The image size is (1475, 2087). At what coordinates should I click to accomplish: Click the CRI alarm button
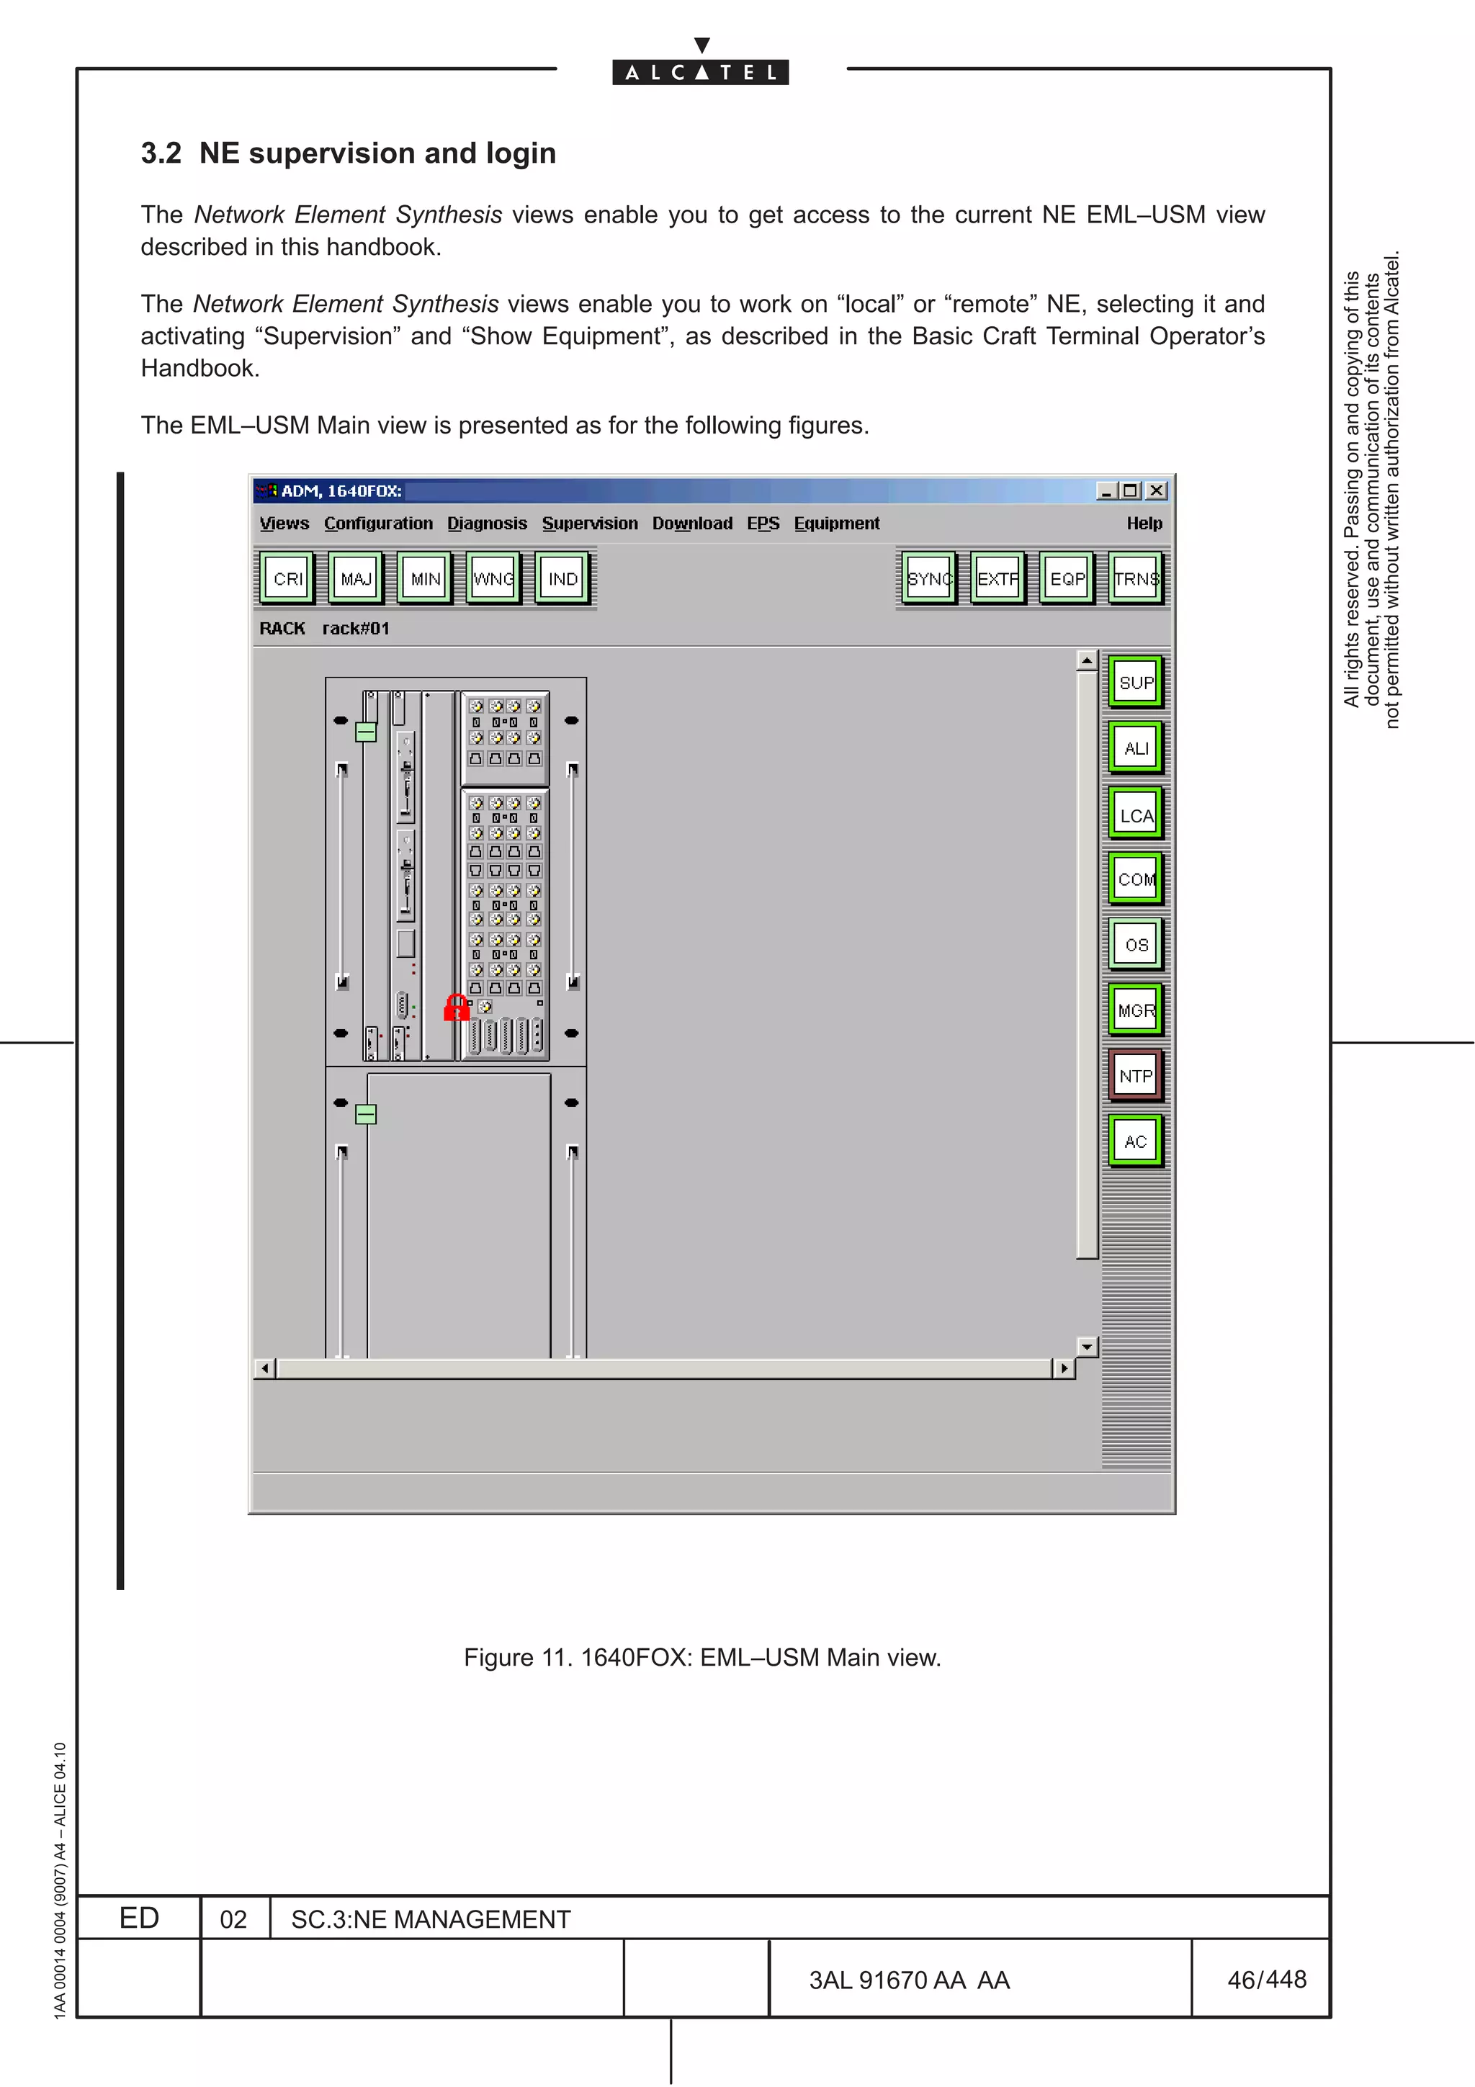click(287, 578)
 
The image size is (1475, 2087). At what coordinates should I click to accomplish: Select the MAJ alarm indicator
click(357, 578)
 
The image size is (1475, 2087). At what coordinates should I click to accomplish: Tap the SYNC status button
click(929, 578)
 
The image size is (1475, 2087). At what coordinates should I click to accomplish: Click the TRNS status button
click(1136, 578)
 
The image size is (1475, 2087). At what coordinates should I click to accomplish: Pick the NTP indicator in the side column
click(1135, 1075)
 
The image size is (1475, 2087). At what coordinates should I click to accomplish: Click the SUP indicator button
click(1135, 682)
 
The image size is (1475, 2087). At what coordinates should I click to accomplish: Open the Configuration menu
click(378, 523)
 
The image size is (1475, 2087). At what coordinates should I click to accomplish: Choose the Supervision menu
click(590, 523)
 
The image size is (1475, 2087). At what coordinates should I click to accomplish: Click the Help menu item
click(1143, 523)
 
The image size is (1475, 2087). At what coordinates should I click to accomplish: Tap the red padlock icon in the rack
click(456, 1007)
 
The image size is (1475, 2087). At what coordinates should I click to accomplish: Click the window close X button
click(1156, 491)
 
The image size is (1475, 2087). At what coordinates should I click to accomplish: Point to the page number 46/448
click(1266, 1979)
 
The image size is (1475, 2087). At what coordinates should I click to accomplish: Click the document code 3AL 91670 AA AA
click(909, 1980)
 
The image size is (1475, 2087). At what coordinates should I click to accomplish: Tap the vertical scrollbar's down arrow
click(1087, 1346)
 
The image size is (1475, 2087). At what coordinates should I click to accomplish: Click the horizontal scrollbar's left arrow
click(264, 1368)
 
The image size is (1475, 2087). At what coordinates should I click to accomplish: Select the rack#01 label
click(355, 628)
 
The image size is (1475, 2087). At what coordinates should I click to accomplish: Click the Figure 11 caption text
click(701, 1657)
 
